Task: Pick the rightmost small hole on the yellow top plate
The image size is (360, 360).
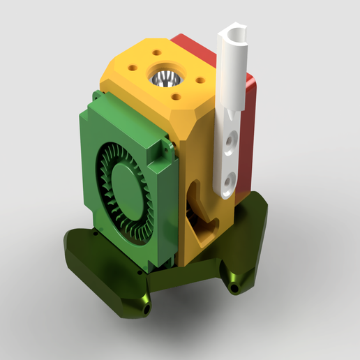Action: click(x=200, y=80)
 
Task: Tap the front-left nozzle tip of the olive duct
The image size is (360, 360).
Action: click(x=145, y=305)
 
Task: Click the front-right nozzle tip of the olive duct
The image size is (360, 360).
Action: click(x=234, y=285)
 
